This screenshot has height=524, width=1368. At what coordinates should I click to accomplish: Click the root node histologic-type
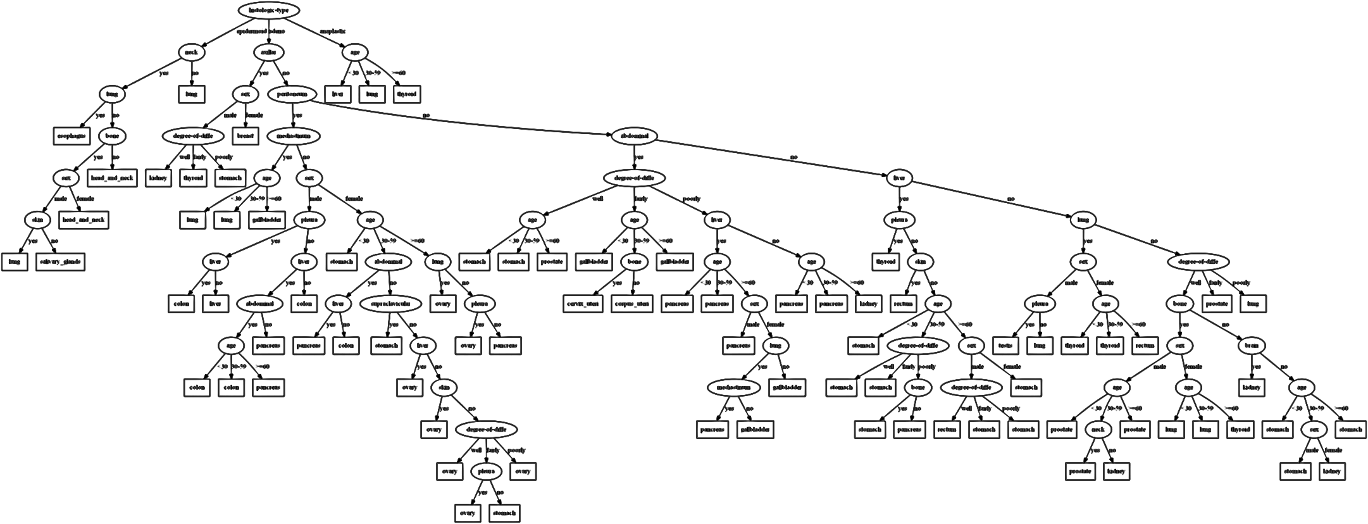pyautogui.click(x=268, y=11)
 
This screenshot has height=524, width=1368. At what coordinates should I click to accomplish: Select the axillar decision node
pyautogui.click(x=268, y=53)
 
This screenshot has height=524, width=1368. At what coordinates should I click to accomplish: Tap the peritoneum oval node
pyautogui.click(x=292, y=94)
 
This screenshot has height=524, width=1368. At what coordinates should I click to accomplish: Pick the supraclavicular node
pyautogui.click(x=390, y=304)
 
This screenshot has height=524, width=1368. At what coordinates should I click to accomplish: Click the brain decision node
pyautogui.click(x=1250, y=346)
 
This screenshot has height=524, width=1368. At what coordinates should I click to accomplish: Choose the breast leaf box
pyautogui.click(x=246, y=136)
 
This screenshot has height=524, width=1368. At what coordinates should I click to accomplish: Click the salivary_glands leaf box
pyautogui.click(x=61, y=261)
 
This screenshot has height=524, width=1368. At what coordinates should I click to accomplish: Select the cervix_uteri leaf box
pyautogui.click(x=582, y=304)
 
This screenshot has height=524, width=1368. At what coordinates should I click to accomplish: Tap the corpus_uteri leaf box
pyautogui.click(x=631, y=304)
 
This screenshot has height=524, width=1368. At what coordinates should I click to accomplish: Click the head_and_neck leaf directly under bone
pyautogui.click(x=111, y=178)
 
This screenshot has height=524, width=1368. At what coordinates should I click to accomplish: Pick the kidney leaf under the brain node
pyautogui.click(x=1250, y=387)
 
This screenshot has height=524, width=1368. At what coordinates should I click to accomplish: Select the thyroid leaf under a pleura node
pyautogui.click(x=885, y=261)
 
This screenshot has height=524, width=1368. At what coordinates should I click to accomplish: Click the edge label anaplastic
pyautogui.click(x=333, y=31)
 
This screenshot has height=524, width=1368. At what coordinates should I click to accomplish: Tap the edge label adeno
pyautogui.click(x=277, y=31)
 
